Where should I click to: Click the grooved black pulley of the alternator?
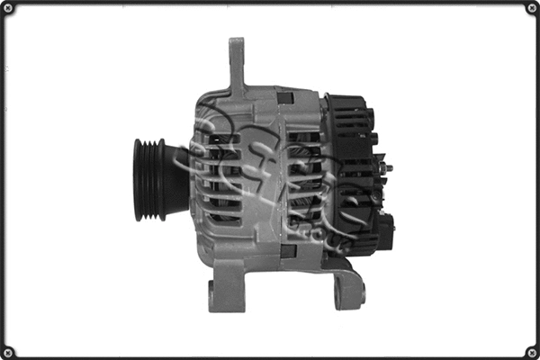(x=148, y=179)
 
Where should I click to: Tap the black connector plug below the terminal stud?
(x=384, y=230)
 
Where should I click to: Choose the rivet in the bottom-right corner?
(x=531, y=351)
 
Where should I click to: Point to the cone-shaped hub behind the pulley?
(x=176, y=179)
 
